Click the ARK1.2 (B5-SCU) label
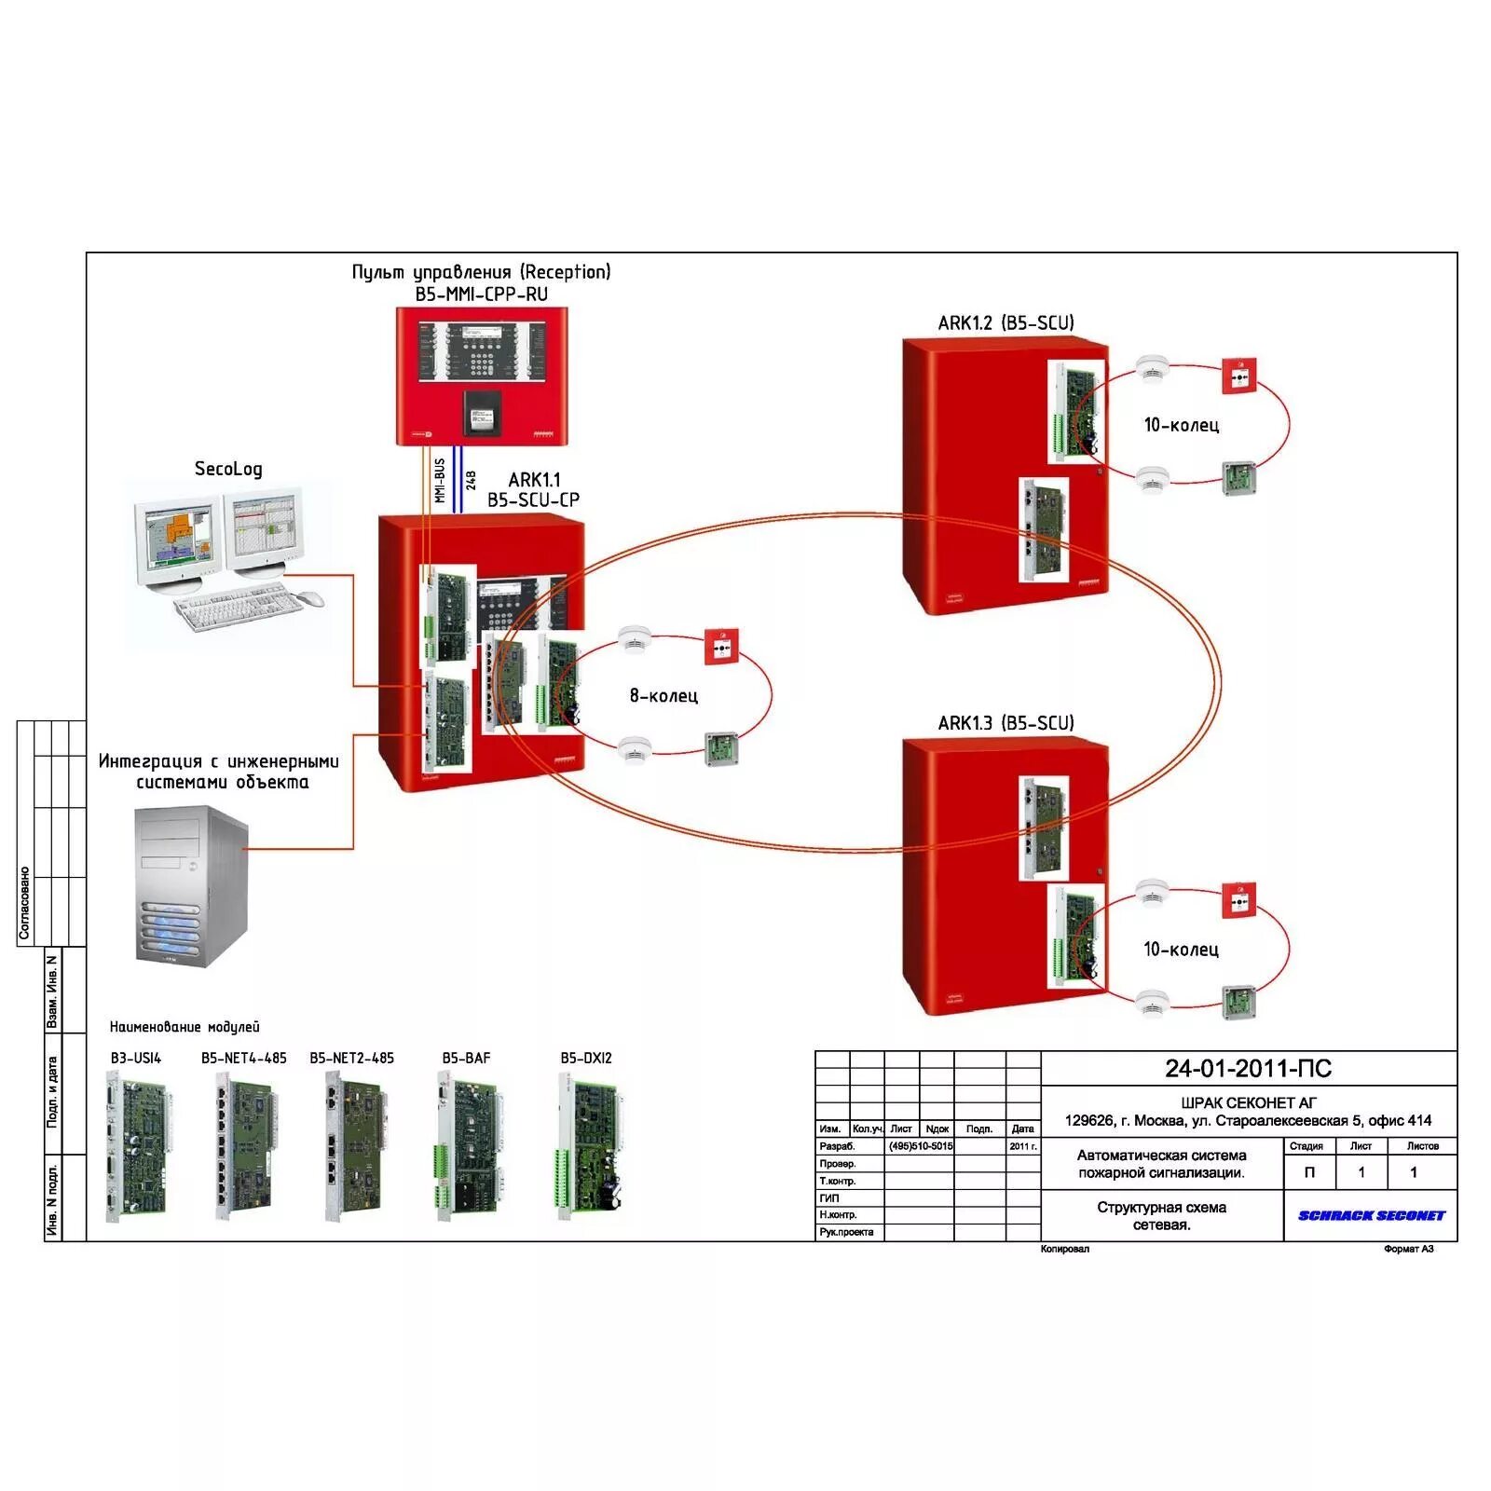[1005, 323]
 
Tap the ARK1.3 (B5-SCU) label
[1005, 723]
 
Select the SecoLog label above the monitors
[228, 469]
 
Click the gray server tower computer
[192, 886]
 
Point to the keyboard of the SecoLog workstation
[239, 609]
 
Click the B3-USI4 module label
[136, 1059]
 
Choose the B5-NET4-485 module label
[244, 1059]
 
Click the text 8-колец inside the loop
[663, 696]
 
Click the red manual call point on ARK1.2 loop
[1239, 376]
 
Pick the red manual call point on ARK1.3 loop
[1238, 900]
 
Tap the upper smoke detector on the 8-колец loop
[635, 639]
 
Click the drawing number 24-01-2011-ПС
[1248, 1069]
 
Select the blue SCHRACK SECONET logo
[1371, 1215]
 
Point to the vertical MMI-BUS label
[440, 481]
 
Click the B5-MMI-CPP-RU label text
[482, 294]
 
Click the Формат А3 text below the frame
[1408, 1249]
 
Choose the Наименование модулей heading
[185, 1027]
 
